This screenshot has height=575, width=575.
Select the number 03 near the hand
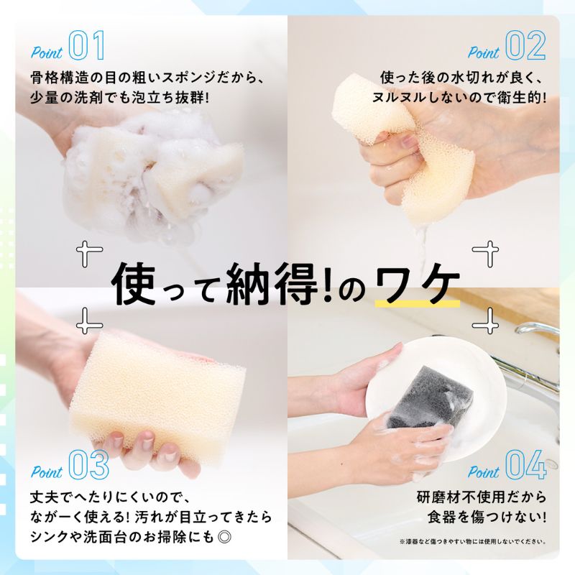click(89, 465)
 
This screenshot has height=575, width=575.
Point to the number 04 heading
click(526, 465)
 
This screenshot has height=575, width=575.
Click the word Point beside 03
click(46, 472)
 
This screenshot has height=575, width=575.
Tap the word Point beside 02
click(484, 52)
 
